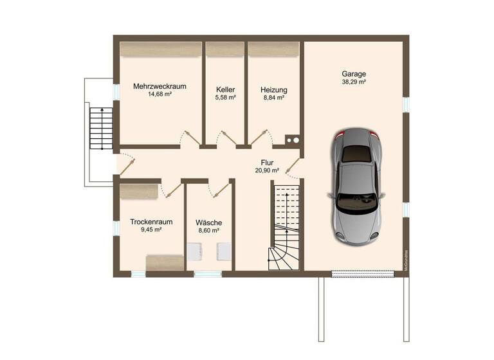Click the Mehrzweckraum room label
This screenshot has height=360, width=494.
click(x=160, y=85)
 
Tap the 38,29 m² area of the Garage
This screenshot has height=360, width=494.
click(x=354, y=82)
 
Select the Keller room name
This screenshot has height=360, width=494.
click(x=225, y=89)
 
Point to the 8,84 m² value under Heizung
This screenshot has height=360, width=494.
click(x=273, y=98)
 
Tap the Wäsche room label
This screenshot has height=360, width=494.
click(x=209, y=222)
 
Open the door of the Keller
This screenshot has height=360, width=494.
click(x=226, y=139)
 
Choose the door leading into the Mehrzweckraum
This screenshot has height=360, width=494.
click(x=190, y=139)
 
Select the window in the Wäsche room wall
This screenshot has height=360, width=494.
click(x=207, y=274)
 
